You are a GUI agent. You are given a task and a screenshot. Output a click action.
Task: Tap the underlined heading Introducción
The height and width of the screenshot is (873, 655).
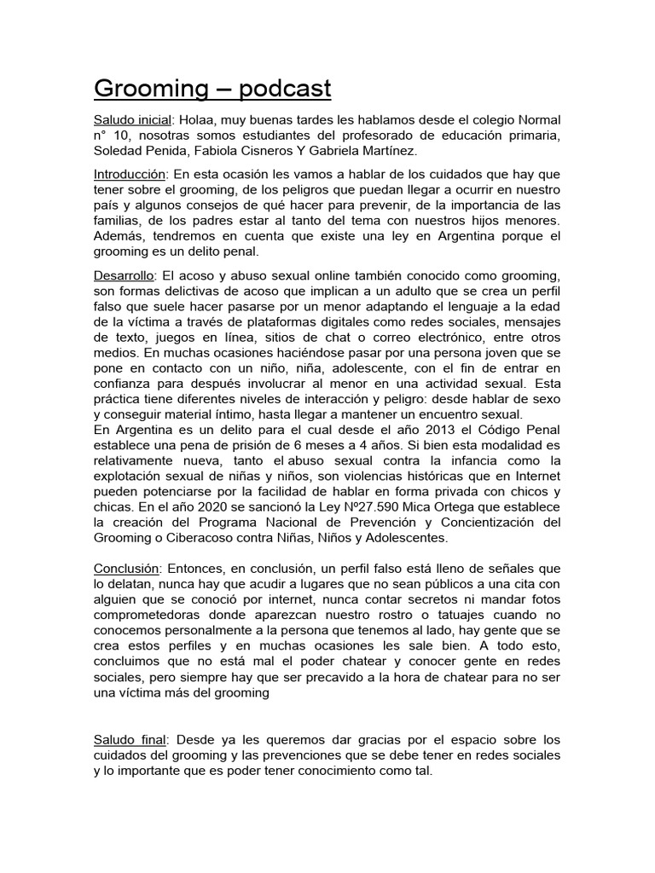(x=129, y=173)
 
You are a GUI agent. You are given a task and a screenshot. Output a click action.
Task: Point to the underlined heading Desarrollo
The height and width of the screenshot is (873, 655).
(x=124, y=276)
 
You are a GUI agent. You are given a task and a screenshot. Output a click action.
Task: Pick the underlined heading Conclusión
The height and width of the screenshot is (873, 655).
(x=127, y=568)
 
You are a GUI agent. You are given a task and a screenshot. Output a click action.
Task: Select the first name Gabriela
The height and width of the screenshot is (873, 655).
(x=345, y=150)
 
